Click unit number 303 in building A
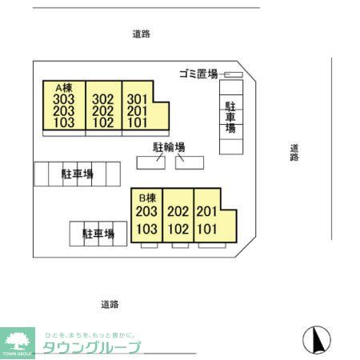coord(64,99)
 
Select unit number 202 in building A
coord(102,111)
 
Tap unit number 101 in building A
coord(138,123)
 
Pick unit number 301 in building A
coord(138,99)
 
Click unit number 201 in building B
coord(207,212)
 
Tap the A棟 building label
coord(63,87)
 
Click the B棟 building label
coord(146,198)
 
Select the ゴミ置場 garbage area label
coord(198,74)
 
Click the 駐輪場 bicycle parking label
coord(170,147)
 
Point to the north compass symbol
coord(318,339)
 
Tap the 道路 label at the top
coord(142,34)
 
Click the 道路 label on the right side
coord(294,152)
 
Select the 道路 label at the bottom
coord(110,304)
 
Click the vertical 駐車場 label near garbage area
coord(230,117)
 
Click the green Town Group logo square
coord(18,342)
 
